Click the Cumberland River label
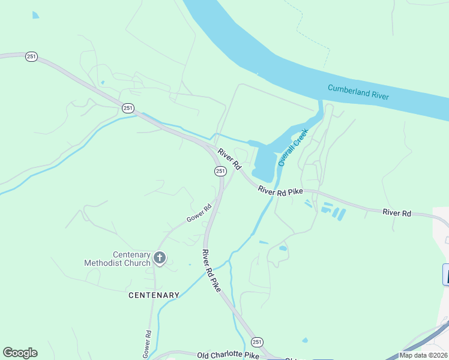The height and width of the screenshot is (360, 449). tap(358, 92)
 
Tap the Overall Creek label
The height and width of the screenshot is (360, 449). tap(292, 148)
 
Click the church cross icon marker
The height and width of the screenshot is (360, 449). tap(159, 259)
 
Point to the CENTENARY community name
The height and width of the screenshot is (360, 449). tap(154, 295)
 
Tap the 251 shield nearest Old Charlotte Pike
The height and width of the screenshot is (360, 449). tap(257, 341)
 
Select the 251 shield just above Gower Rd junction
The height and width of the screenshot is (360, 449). tap(220, 171)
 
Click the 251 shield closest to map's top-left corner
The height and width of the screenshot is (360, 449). tap(32, 56)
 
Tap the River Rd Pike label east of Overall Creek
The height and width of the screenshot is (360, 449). tap(280, 190)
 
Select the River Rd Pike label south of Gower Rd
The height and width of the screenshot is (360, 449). tap(211, 271)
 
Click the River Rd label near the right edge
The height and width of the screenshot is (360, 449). tap(397, 213)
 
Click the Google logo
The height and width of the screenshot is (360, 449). tap(20, 353)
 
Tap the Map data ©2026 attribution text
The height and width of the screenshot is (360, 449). tap(423, 355)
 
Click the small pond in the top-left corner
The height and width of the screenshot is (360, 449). tap(35, 14)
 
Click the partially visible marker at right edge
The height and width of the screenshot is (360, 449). tap(445, 274)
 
